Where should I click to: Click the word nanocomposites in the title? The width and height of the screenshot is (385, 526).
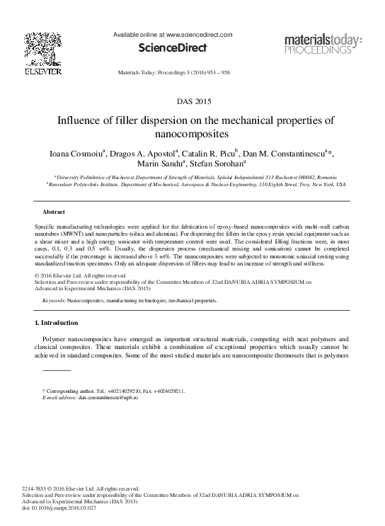(x=192, y=132)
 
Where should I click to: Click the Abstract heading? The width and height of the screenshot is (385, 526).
(x=54, y=212)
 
